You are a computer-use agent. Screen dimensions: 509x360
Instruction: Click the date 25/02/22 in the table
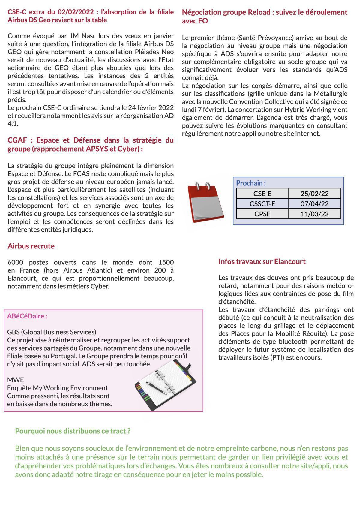click(314, 194)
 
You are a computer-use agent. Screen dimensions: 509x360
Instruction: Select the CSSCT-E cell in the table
click(262, 204)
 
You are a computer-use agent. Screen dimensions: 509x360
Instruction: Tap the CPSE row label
click(262, 214)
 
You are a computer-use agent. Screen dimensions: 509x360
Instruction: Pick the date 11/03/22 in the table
click(314, 214)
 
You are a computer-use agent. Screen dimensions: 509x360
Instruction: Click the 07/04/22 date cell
click(314, 204)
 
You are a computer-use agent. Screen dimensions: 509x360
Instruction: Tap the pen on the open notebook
click(156, 388)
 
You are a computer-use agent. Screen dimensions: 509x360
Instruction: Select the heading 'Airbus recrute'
click(31, 246)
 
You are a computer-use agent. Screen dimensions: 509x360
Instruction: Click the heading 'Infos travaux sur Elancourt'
click(262, 261)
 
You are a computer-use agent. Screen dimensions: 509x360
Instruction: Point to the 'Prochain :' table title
click(251, 183)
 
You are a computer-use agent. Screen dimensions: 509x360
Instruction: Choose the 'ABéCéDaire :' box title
click(27, 316)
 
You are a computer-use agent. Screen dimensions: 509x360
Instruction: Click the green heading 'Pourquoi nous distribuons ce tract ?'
click(73, 431)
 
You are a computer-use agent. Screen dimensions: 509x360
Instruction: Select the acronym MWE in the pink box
click(15, 380)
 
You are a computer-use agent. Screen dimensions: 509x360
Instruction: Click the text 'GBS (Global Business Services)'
click(52, 332)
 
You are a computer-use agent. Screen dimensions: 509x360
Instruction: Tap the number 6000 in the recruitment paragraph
click(16, 262)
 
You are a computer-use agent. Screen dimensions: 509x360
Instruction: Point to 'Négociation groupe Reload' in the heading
click(228, 12)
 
